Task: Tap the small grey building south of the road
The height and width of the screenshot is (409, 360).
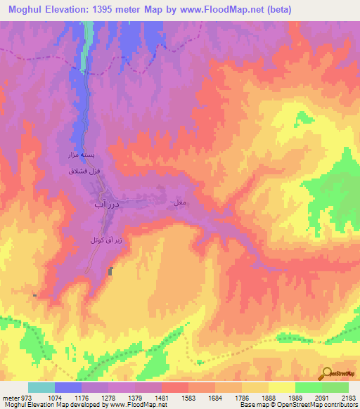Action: (110, 271)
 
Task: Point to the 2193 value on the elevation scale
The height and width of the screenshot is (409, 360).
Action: (348, 397)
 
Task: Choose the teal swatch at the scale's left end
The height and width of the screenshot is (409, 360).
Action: (41, 387)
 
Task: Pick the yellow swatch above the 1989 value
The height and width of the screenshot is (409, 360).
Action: (281, 387)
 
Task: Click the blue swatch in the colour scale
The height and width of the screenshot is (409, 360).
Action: (67, 387)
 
